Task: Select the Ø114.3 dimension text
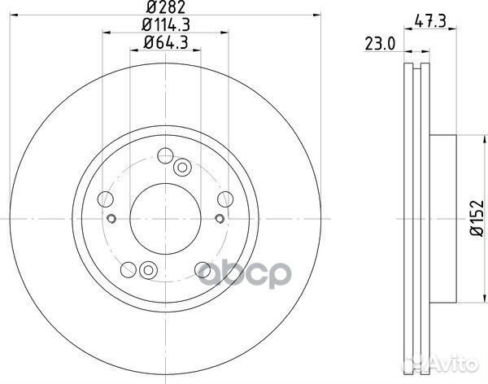pyautogui.click(x=166, y=27)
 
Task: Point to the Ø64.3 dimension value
pyautogui.click(x=166, y=42)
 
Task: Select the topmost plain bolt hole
pyautogui.click(x=165, y=155)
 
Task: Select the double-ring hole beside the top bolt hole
pyautogui.click(x=181, y=167)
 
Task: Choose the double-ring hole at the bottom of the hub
pyautogui.click(x=146, y=271)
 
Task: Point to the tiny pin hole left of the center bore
pyautogui.click(x=114, y=217)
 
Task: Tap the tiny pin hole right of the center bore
pyautogui.click(x=220, y=217)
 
